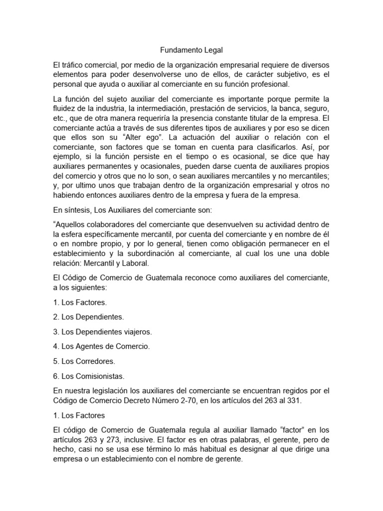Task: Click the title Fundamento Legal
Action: pyautogui.click(x=191, y=50)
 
